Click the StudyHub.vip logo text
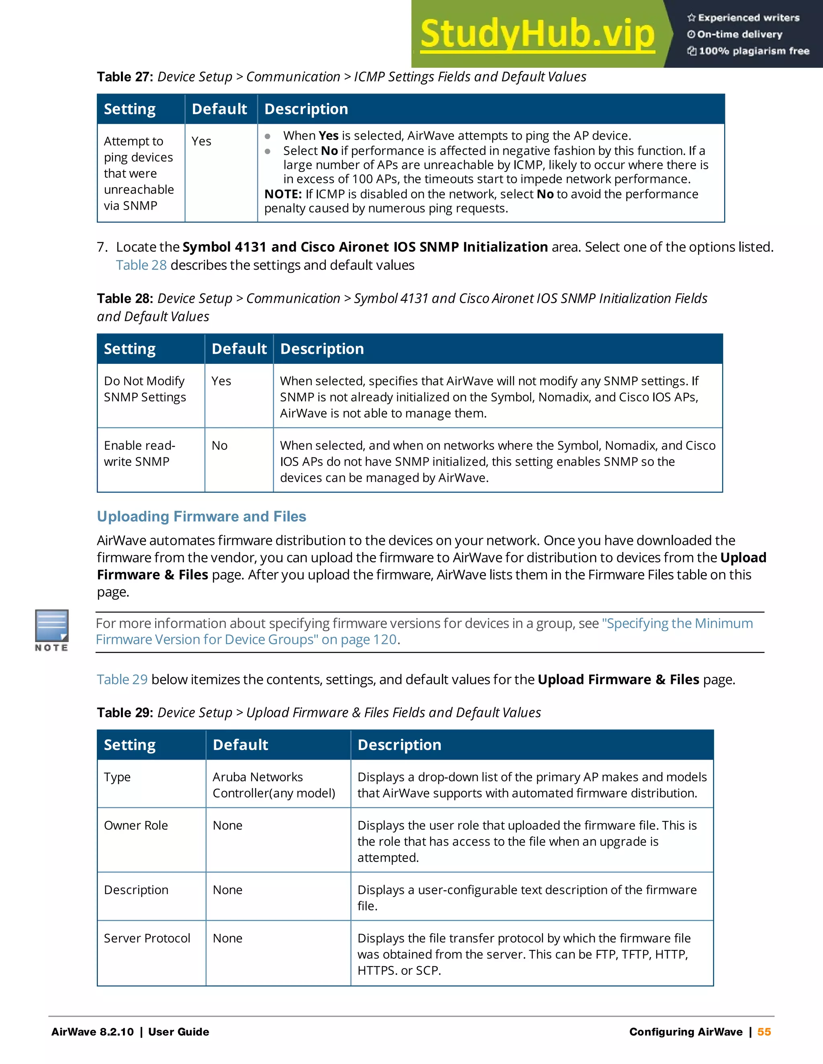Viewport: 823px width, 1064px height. coord(537,34)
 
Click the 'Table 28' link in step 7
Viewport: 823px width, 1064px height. coord(141,265)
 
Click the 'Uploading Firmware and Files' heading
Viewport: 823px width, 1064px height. coord(201,516)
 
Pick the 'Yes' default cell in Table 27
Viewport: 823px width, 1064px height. coord(201,141)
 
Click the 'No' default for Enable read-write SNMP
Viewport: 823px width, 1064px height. coord(219,445)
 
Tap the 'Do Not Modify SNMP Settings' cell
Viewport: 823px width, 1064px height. coord(145,389)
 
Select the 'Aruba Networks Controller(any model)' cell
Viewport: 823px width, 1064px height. coord(274,785)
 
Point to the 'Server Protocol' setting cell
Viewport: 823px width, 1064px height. coord(147,938)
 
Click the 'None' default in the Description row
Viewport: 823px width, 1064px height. coord(227,890)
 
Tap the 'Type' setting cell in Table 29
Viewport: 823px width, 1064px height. coord(117,777)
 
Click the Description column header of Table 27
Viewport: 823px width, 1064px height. coord(306,109)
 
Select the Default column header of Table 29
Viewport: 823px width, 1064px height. coord(240,745)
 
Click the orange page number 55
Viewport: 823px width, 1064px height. coord(764,1032)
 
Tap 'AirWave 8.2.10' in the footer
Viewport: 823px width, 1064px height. coord(92,1032)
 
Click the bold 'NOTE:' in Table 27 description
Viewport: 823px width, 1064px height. coord(283,194)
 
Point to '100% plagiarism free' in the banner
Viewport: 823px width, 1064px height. coord(754,51)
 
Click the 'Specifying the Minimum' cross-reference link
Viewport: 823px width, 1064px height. coord(677,623)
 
